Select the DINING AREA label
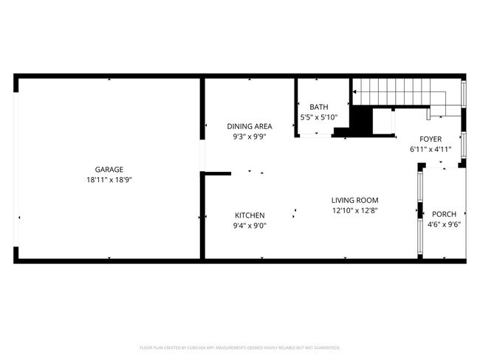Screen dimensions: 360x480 [249, 126]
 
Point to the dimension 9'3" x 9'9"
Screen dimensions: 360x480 [249, 136]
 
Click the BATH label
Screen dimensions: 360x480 [318, 107]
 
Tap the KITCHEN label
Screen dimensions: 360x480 [250, 215]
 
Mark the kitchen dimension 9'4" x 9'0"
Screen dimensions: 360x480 [250, 226]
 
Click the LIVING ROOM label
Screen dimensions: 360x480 [354, 200]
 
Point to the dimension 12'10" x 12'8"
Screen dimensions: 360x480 [354, 210]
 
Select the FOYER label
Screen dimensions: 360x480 [431, 139]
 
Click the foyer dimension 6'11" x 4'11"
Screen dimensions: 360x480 [431, 149]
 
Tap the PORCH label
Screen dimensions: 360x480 [445, 215]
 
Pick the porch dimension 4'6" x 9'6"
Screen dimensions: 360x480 [445, 225]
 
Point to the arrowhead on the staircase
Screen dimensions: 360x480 [355, 92]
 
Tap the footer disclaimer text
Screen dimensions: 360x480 [240, 347]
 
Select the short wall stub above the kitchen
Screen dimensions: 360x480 [216, 173]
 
